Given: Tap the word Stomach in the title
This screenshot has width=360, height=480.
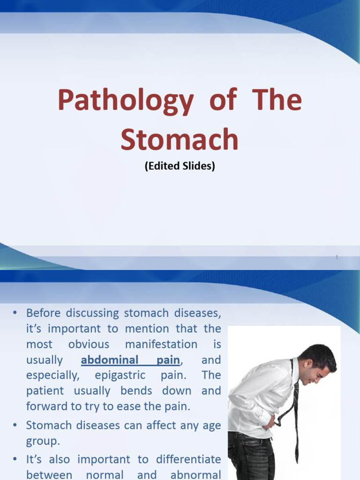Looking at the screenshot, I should click(180, 139).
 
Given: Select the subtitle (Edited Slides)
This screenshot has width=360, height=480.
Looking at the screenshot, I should click(180, 166).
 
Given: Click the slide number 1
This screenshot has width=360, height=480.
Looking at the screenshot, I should click(337, 257).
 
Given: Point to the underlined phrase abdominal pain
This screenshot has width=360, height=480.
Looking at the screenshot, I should click(130, 360).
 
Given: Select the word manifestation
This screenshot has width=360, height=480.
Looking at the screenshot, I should click(161, 345).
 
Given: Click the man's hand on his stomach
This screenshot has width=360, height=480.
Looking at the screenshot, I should click(270, 420).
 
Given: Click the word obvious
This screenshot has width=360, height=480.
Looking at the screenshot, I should click(89, 345).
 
